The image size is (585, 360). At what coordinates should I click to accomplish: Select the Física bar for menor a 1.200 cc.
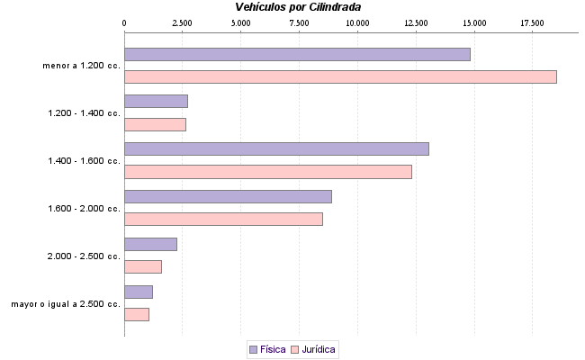[x=297, y=54]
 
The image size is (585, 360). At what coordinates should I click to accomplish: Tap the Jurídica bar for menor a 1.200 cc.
[x=340, y=76]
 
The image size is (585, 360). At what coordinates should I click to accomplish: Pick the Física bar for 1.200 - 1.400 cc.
[x=156, y=101]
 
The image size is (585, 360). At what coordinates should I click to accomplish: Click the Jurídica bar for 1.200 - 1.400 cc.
[x=155, y=124]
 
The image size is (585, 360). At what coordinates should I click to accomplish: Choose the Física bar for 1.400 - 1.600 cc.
[x=276, y=148]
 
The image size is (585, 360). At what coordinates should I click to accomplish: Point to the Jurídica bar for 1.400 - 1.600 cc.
[x=267, y=172]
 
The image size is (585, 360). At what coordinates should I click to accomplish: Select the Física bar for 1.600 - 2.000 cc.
[x=228, y=196]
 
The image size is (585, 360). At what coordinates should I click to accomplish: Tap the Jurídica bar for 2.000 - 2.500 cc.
[x=143, y=266]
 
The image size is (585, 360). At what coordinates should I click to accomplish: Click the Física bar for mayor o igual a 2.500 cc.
[x=139, y=292]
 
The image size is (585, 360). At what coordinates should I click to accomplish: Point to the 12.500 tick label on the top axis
[x=415, y=22]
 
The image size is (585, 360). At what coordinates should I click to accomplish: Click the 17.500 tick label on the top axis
[x=532, y=22]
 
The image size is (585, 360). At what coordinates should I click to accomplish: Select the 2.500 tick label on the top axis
[x=182, y=22]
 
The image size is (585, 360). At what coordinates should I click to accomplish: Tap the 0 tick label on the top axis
[x=124, y=22]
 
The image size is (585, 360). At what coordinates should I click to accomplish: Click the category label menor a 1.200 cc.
[x=81, y=66]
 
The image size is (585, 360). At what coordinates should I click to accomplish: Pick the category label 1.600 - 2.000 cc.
[x=84, y=209]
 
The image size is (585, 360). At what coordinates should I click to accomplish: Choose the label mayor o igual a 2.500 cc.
[x=66, y=304]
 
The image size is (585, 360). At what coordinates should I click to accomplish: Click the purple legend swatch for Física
[x=253, y=348]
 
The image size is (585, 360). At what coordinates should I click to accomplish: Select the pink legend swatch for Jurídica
[x=293, y=348]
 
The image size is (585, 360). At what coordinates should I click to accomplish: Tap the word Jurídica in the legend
[x=319, y=348]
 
